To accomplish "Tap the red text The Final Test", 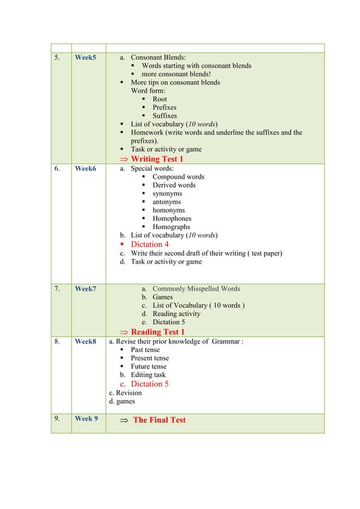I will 159,420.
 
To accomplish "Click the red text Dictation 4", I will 150,244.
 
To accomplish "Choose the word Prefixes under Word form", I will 164,107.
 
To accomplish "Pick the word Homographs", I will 171,227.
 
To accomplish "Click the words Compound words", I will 178,177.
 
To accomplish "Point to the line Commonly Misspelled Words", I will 196,289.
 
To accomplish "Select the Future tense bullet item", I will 150,366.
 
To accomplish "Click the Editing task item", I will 148,375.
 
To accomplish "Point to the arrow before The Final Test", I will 124,420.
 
